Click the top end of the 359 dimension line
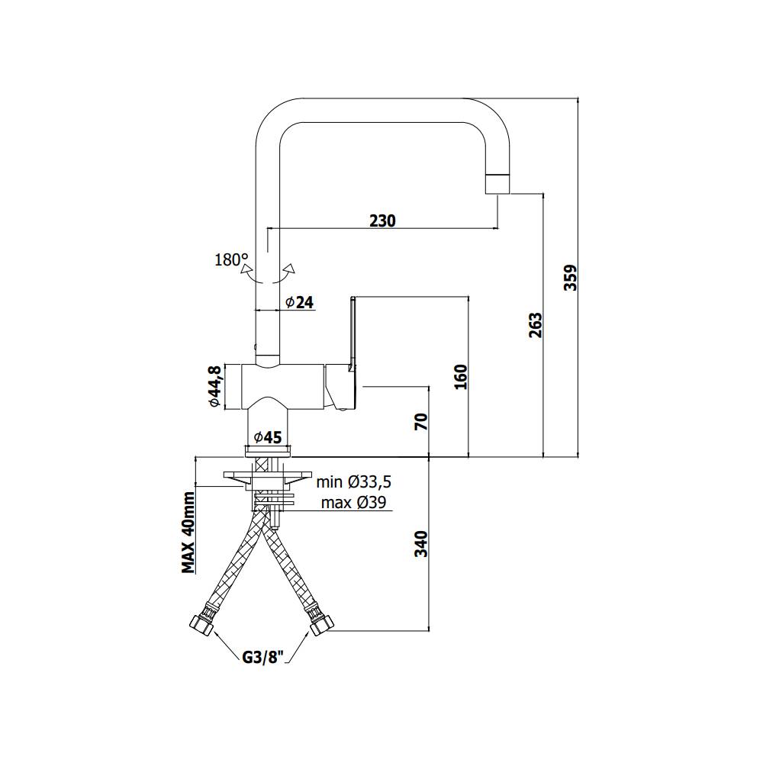(x=578, y=98)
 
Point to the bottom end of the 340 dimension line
(x=429, y=631)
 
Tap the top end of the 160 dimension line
(x=468, y=296)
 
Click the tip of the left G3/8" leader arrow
(x=214, y=631)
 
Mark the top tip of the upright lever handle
(x=353, y=297)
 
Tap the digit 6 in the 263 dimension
(x=535, y=326)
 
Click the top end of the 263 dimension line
(x=543, y=194)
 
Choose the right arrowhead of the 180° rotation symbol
(x=291, y=268)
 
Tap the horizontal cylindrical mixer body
(x=283, y=386)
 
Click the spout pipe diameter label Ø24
(x=299, y=302)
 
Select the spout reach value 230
(x=382, y=221)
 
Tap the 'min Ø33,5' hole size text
(x=354, y=482)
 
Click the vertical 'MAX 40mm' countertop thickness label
(x=188, y=532)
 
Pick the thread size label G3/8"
(x=263, y=658)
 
